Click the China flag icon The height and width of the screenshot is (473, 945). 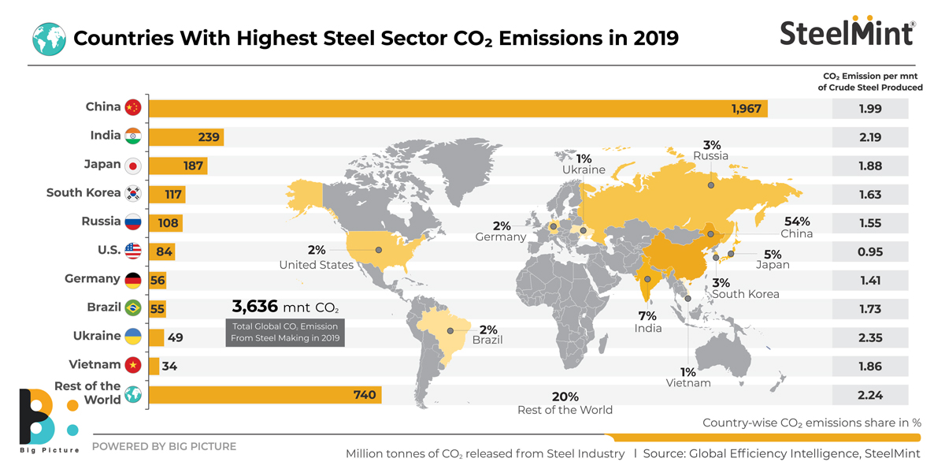(132, 107)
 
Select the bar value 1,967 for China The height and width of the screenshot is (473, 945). (745, 109)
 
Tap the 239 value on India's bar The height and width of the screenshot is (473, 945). (208, 137)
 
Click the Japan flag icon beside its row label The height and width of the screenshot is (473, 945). (132, 166)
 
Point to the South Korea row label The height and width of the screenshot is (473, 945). (83, 193)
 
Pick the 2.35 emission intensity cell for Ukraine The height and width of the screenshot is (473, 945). (870, 337)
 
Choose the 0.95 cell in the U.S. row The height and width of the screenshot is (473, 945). (870, 252)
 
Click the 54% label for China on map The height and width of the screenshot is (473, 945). (795, 222)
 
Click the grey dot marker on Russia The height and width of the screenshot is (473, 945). (710, 185)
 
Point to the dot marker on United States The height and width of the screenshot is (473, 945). (379, 250)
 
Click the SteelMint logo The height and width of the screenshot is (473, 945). (847, 32)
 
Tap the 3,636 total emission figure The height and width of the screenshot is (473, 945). (255, 306)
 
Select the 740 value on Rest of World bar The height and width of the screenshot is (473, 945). (365, 394)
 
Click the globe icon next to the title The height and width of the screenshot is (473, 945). (47, 37)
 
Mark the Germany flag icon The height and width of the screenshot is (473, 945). (132, 279)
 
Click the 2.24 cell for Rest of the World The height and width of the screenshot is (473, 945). (870, 394)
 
